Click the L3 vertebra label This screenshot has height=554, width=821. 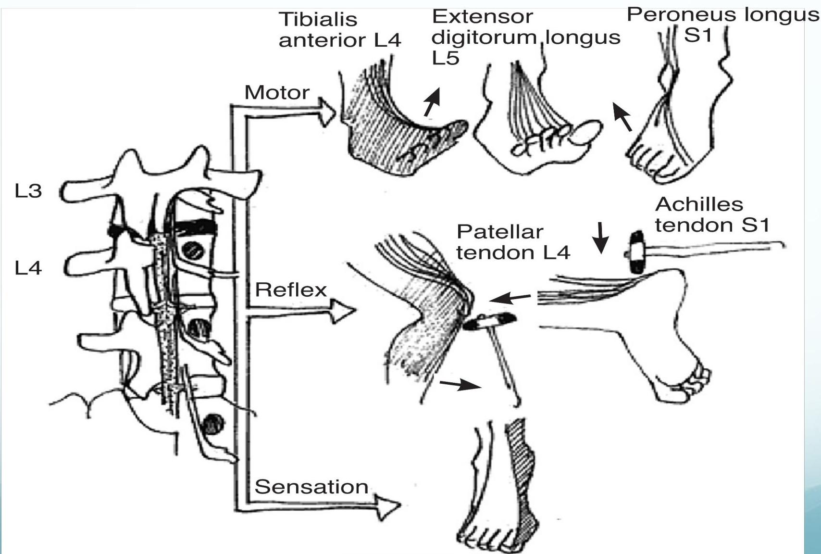(28, 191)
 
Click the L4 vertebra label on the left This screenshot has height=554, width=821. (28, 268)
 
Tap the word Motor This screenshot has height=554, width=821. (277, 93)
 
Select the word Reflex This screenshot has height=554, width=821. (291, 290)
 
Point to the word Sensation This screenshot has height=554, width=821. (311, 487)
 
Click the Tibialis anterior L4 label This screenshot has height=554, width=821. (339, 30)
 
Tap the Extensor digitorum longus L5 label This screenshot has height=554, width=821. (525, 37)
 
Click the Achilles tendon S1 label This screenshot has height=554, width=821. (712, 215)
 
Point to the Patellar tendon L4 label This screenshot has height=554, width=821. (513, 242)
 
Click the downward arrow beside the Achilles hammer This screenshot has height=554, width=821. (600, 238)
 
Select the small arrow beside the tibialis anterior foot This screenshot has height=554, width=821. (432, 102)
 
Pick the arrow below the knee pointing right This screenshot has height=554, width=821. (460, 384)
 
